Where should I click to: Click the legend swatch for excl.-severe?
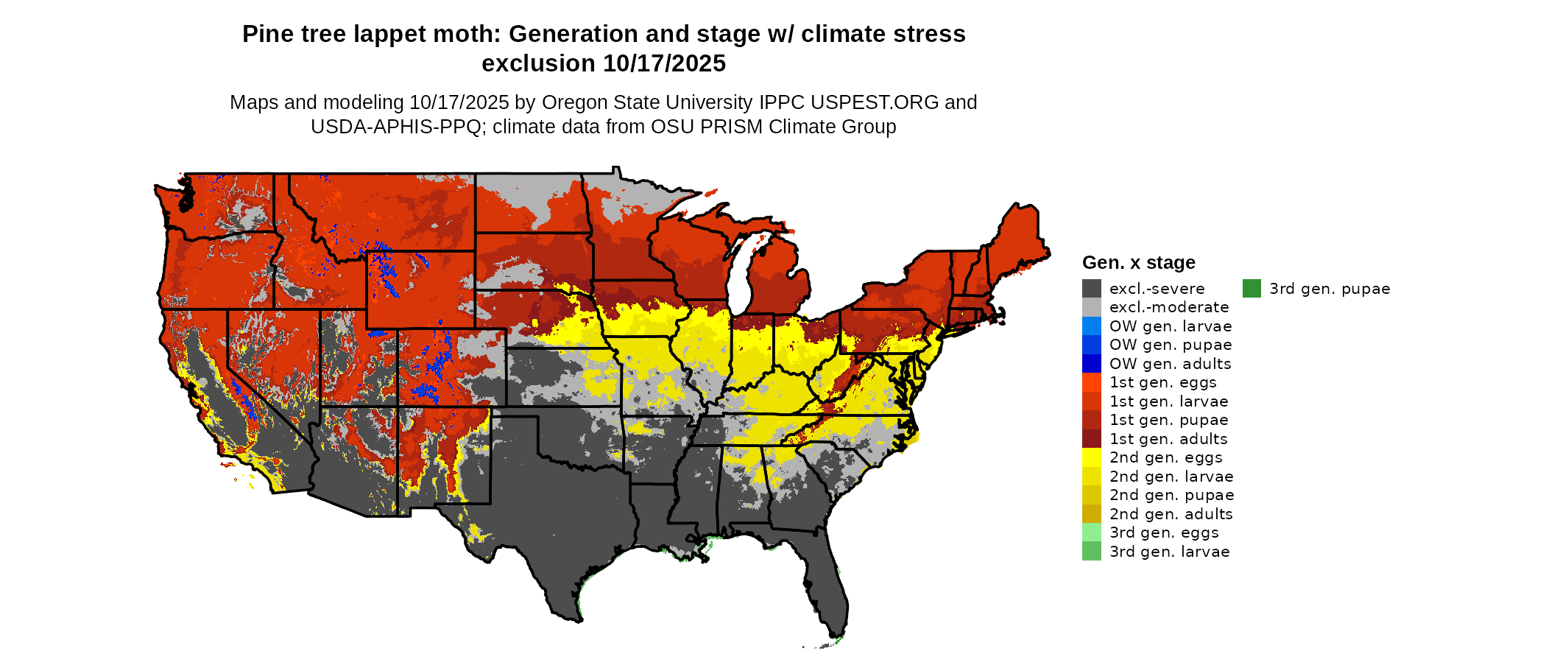click(1092, 289)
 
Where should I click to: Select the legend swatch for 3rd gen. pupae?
click(1252, 289)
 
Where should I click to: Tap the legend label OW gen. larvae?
click(1171, 326)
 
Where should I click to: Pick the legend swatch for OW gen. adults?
click(1092, 364)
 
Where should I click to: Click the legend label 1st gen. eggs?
click(1163, 382)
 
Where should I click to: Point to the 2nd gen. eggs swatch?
click(1092, 457)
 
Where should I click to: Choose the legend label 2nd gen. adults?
click(1171, 514)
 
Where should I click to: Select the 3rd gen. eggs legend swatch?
click(1092, 533)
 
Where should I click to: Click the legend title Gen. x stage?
click(1138, 263)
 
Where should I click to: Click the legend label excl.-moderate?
click(1169, 307)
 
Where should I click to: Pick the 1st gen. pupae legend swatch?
click(1092, 420)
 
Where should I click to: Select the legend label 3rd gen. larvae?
click(1170, 552)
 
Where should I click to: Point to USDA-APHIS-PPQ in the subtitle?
click(395, 127)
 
